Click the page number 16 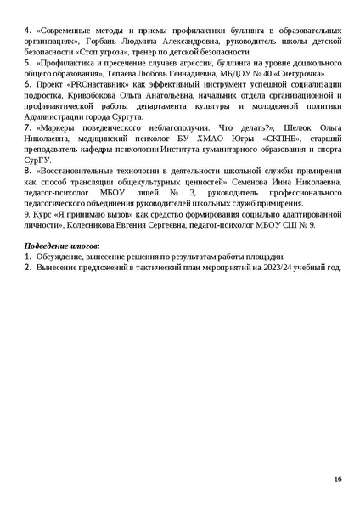click(338, 480)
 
